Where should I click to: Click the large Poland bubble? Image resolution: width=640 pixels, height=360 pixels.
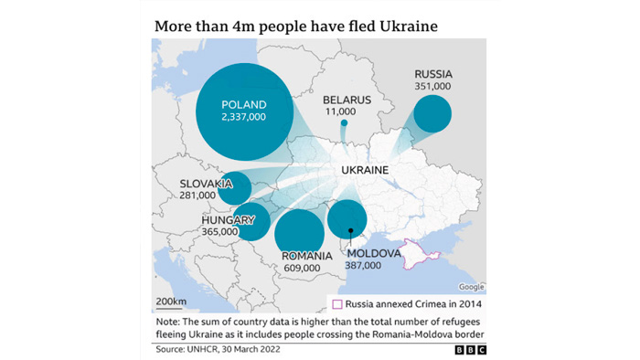tap(244, 111)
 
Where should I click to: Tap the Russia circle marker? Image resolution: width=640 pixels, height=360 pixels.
tap(432, 115)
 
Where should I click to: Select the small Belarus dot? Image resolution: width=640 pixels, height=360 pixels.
tap(344, 122)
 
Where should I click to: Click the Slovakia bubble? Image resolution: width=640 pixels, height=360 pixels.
tap(236, 187)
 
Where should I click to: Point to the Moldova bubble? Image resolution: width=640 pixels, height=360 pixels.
tap(347, 219)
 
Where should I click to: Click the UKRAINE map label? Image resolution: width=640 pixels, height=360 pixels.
tap(365, 171)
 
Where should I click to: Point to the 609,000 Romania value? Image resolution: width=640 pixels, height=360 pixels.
tap(301, 268)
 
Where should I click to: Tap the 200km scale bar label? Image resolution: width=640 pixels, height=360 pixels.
tap(170, 301)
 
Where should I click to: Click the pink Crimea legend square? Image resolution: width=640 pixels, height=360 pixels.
tap(336, 303)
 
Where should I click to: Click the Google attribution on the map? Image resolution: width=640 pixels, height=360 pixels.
tap(472, 287)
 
